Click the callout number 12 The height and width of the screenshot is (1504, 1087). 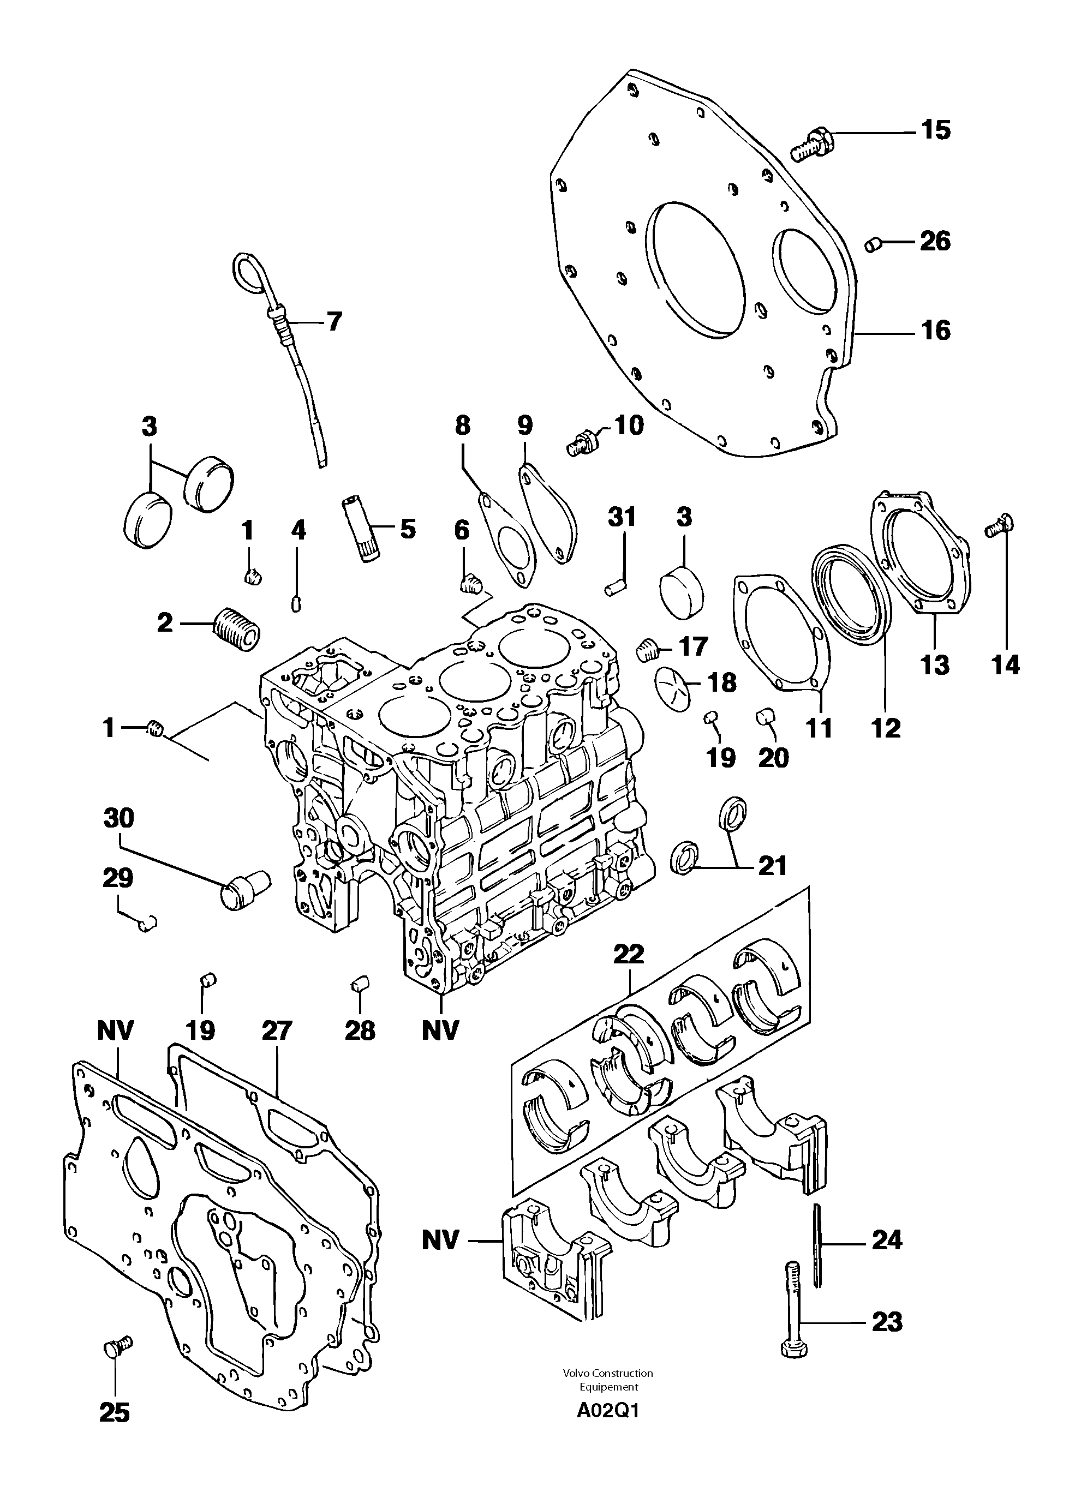[x=886, y=728]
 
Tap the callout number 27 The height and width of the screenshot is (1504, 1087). [x=277, y=1030]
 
